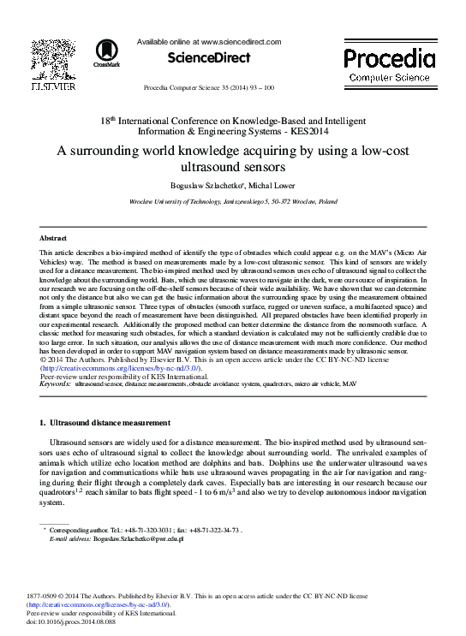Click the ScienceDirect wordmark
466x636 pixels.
209,57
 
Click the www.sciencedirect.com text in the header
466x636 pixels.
241,41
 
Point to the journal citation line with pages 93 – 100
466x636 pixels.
209,87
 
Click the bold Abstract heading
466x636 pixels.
53,237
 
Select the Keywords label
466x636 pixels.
56,385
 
